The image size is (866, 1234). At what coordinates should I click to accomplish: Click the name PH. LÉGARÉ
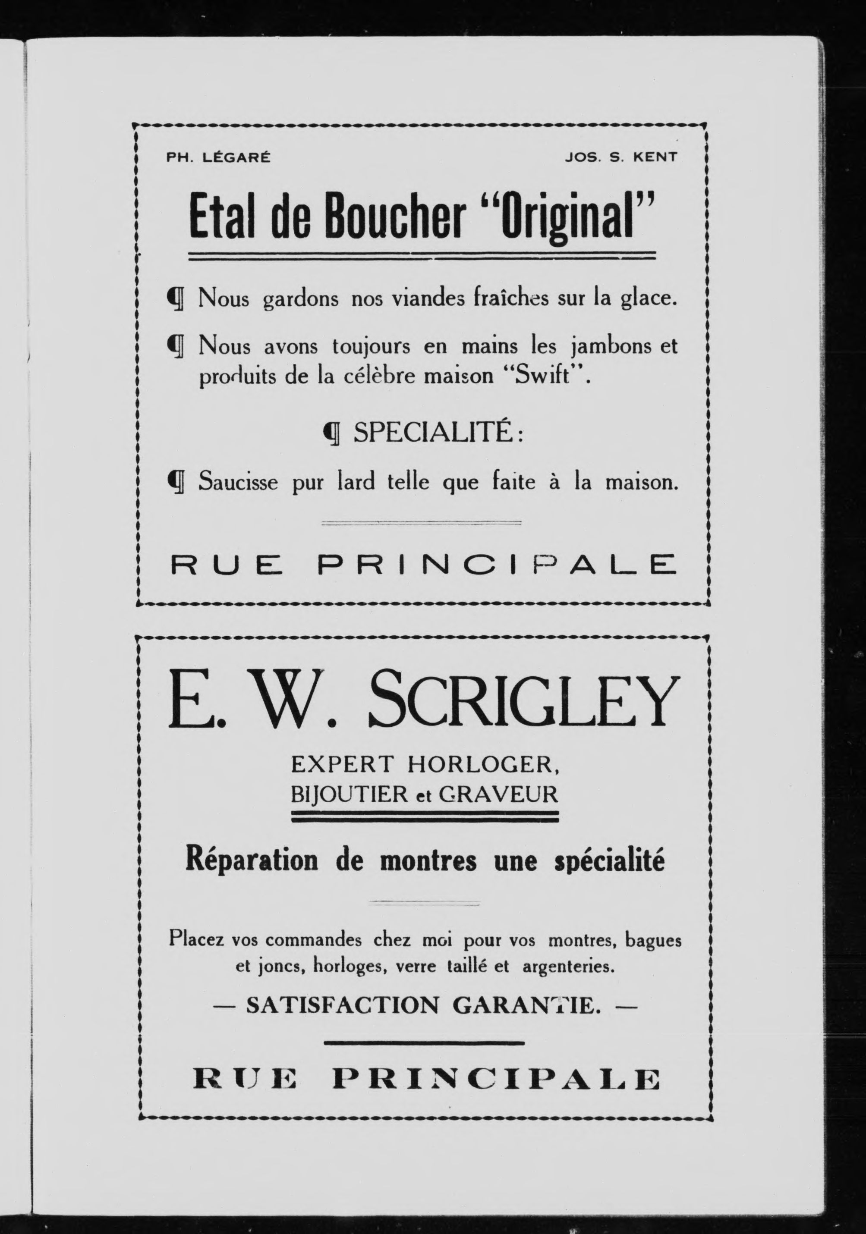tap(219, 157)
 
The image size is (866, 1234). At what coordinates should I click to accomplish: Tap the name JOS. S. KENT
tap(621, 157)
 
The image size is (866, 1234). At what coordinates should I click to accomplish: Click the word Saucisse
tap(239, 481)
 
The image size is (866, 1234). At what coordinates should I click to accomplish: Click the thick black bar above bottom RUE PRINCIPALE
tap(424, 1044)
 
